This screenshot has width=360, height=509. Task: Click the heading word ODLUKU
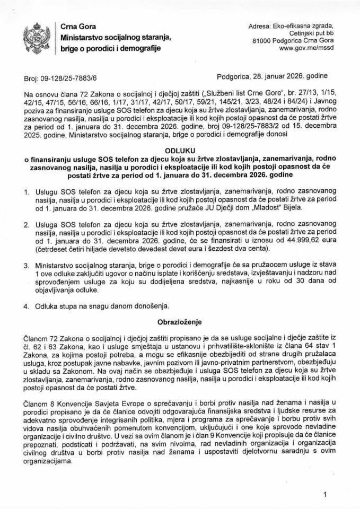[180, 149]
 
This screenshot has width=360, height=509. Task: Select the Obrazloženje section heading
[180, 321]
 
